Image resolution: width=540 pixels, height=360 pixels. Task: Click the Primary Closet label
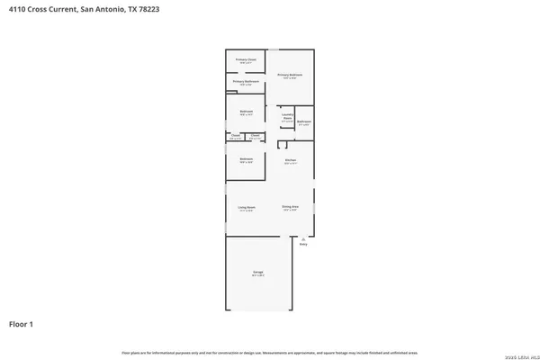pyautogui.click(x=246, y=60)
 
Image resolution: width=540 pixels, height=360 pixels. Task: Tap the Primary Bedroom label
pyautogui.click(x=290, y=76)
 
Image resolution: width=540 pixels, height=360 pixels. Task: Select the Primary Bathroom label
pyautogui.click(x=246, y=82)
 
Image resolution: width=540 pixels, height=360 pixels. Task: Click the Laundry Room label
pyautogui.click(x=287, y=116)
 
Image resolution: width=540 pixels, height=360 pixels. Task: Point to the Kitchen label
pyautogui.click(x=291, y=161)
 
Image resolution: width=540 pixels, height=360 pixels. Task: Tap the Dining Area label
pyautogui.click(x=290, y=208)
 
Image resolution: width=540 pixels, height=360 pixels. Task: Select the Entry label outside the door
pyautogui.click(x=303, y=245)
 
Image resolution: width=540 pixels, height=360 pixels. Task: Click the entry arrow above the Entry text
pyautogui.click(x=303, y=238)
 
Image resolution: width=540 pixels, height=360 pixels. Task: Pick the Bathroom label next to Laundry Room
pyautogui.click(x=305, y=121)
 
